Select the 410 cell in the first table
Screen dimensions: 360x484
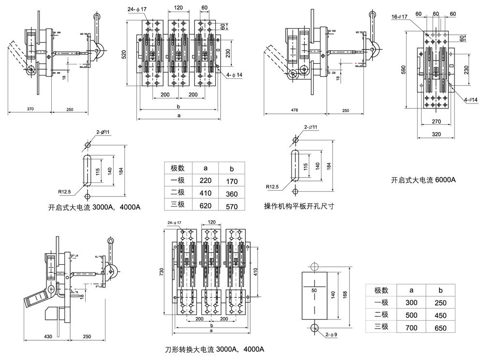point(204,192)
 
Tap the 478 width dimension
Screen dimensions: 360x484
point(294,110)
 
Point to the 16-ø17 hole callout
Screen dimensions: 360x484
point(400,16)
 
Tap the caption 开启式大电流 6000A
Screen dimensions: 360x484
point(423,180)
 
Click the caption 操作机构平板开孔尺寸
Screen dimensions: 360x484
point(299,206)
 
